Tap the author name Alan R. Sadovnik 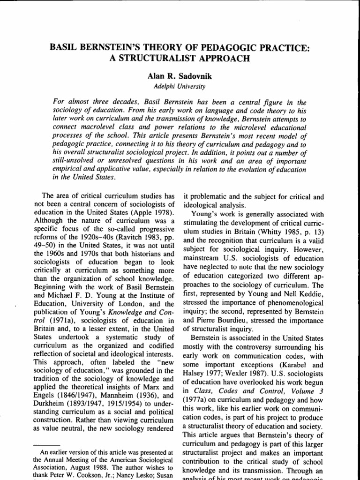coord(180,76)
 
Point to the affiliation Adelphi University coord(180,86)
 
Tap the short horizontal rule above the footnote coord(48,444)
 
